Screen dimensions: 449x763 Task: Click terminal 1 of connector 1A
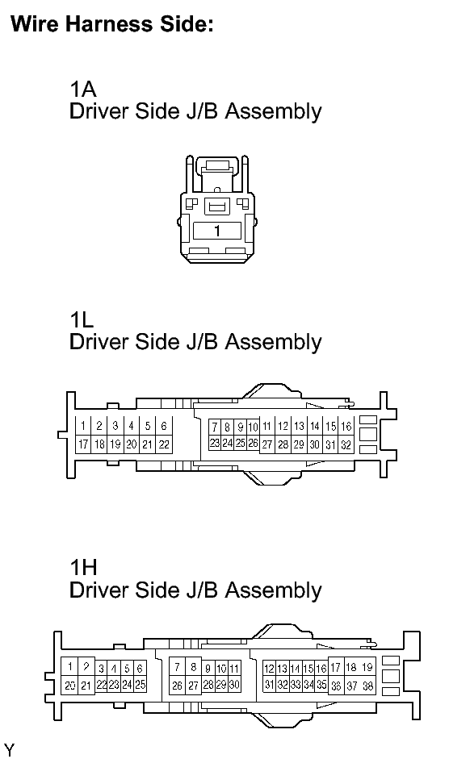click(x=217, y=231)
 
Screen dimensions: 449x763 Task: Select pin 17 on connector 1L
click(x=83, y=444)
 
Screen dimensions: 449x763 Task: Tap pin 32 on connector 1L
click(x=346, y=444)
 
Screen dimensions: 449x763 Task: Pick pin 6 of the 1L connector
click(x=164, y=427)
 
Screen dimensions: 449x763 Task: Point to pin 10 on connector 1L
click(x=253, y=427)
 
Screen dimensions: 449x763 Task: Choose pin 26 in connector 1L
click(x=253, y=443)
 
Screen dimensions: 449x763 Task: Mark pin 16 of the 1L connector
click(x=346, y=427)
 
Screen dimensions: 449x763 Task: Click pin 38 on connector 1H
click(x=367, y=686)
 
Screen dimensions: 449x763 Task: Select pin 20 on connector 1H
click(x=69, y=686)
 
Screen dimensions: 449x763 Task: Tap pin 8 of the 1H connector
click(x=193, y=667)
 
